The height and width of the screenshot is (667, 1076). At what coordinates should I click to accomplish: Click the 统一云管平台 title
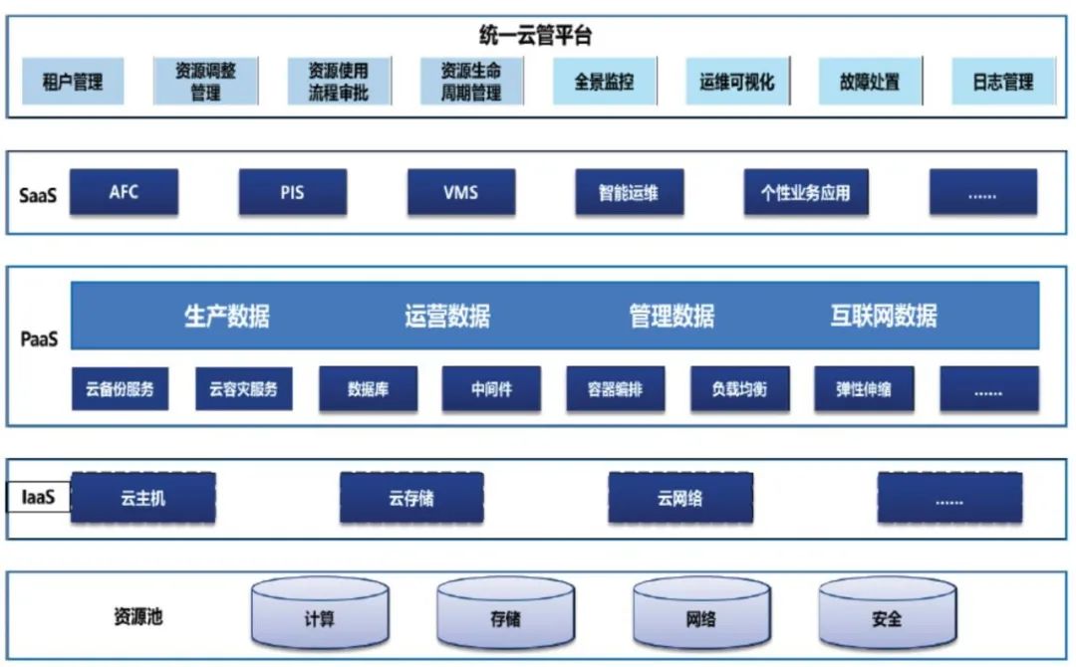(535, 38)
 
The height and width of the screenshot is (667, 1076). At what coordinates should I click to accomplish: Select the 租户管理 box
(73, 82)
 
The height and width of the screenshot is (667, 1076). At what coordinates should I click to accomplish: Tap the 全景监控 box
(604, 82)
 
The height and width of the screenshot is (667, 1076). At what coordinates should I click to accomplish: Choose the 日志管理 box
(1003, 82)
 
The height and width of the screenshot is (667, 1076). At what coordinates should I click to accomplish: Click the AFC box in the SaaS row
(125, 192)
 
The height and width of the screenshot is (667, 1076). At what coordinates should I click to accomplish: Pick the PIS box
(292, 192)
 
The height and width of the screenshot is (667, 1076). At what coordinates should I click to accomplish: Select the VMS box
(460, 192)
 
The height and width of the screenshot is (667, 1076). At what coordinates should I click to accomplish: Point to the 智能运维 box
(629, 192)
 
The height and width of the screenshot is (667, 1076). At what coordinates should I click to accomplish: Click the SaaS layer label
(38, 195)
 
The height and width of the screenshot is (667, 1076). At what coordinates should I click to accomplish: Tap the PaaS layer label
(40, 339)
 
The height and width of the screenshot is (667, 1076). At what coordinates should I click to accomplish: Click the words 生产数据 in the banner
(227, 317)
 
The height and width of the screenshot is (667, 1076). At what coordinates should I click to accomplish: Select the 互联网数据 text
(884, 317)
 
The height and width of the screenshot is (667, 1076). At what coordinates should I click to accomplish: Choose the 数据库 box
(368, 389)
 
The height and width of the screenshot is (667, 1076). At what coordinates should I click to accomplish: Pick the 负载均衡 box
(739, 389)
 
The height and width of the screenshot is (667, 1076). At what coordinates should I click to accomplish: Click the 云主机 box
(143, 498)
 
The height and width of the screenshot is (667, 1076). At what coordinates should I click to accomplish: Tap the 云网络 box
(679, 498)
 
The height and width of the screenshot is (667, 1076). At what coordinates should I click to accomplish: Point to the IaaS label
(38, 498)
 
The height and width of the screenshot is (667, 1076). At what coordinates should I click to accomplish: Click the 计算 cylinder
(319, 618)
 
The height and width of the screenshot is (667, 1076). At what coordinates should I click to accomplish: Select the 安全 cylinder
(887, 618)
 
